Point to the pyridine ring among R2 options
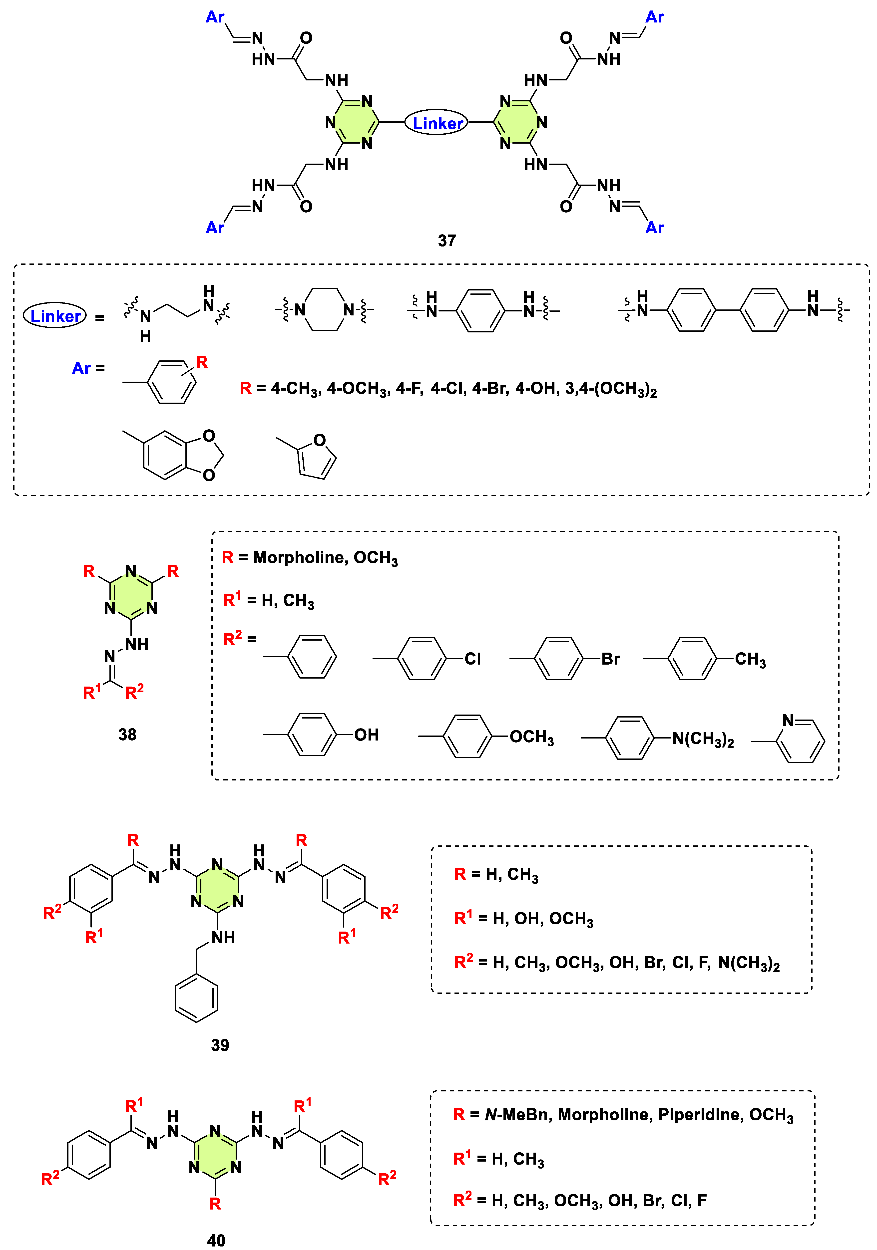(800, 741)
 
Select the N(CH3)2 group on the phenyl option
(703, 739)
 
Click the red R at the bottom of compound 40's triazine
(215, 1204)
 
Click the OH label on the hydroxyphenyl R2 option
(366, 735)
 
